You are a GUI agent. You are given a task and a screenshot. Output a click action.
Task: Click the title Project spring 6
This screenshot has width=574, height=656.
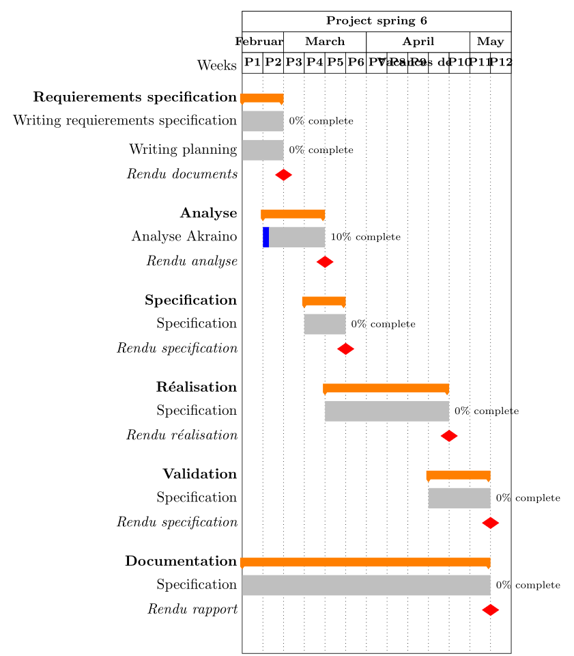tap(376, 21)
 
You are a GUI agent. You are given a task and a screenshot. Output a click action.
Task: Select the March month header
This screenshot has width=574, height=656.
tap(325, 42)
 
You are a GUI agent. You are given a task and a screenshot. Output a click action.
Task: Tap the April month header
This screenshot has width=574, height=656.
tap(418, 42)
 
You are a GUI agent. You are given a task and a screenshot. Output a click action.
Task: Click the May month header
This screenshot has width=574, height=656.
tap(490, 42)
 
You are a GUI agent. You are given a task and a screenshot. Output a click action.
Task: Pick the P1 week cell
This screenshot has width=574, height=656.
tap(253, 62)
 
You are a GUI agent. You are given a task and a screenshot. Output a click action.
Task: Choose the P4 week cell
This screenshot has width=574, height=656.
tap(315, 62)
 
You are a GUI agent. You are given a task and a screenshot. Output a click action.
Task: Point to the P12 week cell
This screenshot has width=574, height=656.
tap(500, 62)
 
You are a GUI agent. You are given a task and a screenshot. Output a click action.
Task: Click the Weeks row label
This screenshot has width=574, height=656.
tap(217, 66)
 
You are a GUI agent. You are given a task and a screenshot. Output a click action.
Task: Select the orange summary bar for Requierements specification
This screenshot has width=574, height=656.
tap(262, 98)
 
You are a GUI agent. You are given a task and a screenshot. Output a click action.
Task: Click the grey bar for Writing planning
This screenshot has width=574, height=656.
tap(263, 150)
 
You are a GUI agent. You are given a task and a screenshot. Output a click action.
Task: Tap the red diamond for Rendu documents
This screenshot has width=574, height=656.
tap(283, 175)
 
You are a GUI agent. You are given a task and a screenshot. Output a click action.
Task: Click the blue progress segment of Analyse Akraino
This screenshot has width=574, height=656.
tap(266, 236)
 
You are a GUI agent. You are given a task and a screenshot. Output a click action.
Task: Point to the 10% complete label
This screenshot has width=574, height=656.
tap(365, 236)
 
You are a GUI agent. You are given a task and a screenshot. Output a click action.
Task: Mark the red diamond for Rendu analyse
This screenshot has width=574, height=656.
tap(325, 262)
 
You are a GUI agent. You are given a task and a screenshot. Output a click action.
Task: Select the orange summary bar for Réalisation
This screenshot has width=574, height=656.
tap(386, 388)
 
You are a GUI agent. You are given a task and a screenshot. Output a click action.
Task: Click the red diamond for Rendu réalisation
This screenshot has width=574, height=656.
tap(448, 435)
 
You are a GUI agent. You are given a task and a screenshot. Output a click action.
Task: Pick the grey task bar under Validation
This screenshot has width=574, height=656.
tap(459, 497)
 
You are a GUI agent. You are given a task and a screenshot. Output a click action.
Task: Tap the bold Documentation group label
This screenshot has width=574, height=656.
tap(181, 562)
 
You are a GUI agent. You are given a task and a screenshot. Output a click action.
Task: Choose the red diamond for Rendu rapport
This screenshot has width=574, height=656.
tap(490, 609)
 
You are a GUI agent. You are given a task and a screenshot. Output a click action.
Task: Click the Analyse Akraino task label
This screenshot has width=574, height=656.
tap(184, 237)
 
